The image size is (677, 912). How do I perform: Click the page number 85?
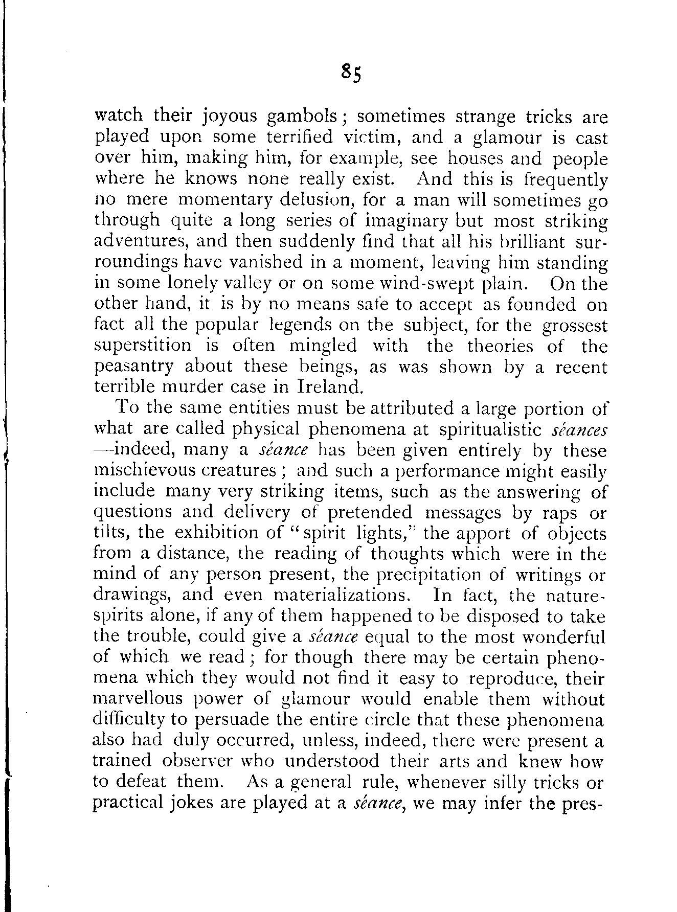tap(351, 73)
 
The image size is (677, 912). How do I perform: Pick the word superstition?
tap(143, 347)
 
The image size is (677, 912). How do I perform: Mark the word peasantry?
tap(134, 368)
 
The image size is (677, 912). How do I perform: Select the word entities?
tap(233, 408)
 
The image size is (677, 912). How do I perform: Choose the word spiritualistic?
tap(491, 429)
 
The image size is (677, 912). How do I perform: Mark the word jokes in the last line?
tap(191, 803)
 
